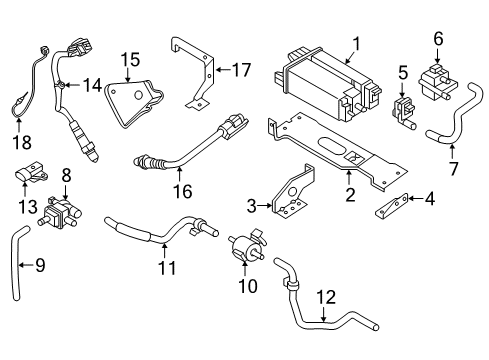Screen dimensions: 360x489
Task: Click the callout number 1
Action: [353, 43]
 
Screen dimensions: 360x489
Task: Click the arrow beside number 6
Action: [437, 51]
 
